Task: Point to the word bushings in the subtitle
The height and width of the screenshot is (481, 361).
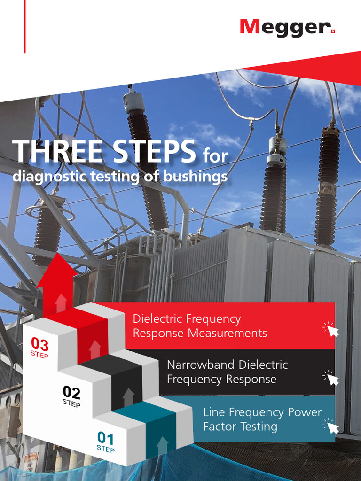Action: pyautogui.click(x=196, y=177)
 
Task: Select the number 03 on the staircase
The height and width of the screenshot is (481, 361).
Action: pyautogui.click(x=39, y=345)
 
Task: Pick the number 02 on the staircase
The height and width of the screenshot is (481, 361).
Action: pyautogui.click(x=71, y=392)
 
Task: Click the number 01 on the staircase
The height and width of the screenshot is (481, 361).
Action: pyautogui.click(x=105, y=439)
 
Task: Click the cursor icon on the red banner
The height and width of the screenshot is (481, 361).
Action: pyautogui.click(x=332, y=330)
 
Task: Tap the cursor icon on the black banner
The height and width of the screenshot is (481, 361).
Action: pyautogui.click(x=332, y=378)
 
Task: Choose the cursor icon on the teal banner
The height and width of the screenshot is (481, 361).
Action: pyautogui.click(x=332, y=427)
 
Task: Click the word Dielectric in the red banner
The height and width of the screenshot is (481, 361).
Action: pyautogui.click(x=158, y=319)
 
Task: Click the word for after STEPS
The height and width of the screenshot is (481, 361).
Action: pyautogui.click(x=215, y=156)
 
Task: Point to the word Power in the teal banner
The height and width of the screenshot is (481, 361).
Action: pyautogui.click(x=306, y=412)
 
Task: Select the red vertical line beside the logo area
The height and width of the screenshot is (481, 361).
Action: pyautogui.click(x=25, y=26)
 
